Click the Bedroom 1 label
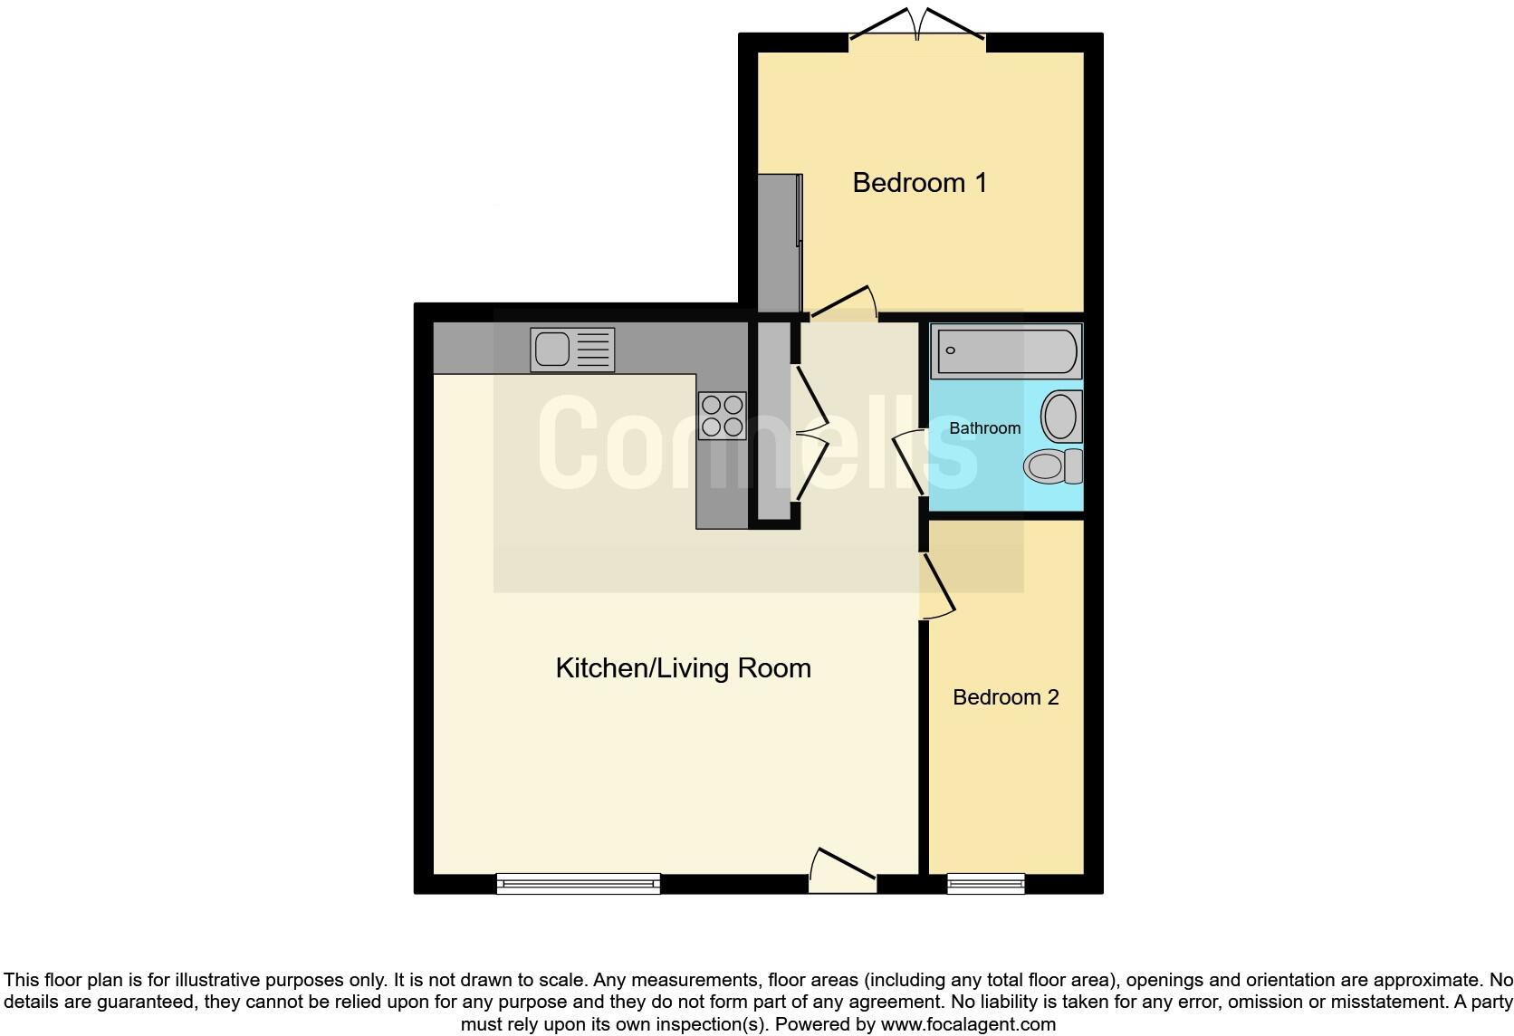[919, 183]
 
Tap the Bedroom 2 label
[1005, 697]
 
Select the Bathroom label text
[984, 428]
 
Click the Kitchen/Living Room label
[683, 668]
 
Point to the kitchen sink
[573, 350]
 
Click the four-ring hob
[722, 416]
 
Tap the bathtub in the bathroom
[1006, 351]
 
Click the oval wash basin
[1060, 416]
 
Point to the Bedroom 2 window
[985, 883]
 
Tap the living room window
[578, 883]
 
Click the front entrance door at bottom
[842, 871]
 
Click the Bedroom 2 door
[937, 589]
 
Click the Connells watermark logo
[757, 444]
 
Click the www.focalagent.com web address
[967, 1025]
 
